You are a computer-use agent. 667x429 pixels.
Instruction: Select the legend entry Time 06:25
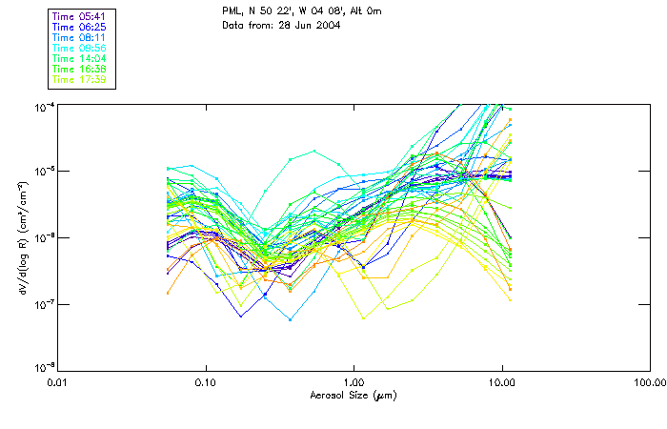80,28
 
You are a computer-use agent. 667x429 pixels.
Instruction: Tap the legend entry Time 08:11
80,38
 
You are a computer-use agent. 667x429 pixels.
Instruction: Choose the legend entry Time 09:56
80,49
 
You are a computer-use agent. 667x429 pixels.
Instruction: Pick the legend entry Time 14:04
80,59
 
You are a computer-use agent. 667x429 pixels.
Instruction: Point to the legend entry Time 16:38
80,70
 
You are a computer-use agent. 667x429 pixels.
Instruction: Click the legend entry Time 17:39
80,80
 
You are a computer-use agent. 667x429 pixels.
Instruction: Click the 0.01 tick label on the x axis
59,383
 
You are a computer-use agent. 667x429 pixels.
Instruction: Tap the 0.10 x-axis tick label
206,383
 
